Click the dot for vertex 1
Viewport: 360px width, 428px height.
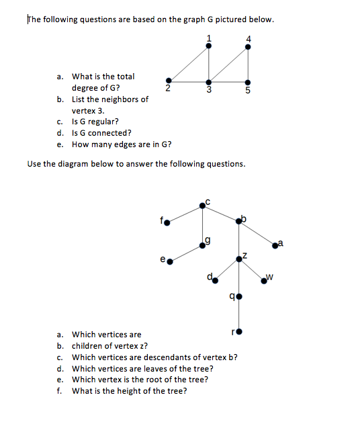click(x=209, y=46)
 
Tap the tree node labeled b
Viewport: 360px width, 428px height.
click(x=238, y=222)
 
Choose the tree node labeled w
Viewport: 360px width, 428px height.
click(x=266, y=281)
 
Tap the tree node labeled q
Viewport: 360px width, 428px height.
click(x=238, y=296)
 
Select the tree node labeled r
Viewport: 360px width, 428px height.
click(x=238, y=331)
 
